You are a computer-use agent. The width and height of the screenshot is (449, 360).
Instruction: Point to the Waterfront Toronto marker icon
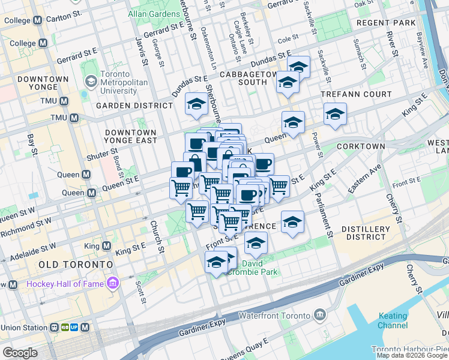point(320,315)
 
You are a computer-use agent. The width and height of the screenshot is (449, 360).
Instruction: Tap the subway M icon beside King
point(106,246)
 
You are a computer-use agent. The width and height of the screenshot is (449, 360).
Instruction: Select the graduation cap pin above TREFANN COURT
point(335,113)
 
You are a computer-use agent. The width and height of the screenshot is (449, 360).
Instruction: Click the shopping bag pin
point(194,162)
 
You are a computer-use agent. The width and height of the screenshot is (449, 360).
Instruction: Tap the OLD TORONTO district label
point(75,265)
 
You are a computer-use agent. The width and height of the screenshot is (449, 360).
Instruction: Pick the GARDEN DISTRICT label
point(134,106)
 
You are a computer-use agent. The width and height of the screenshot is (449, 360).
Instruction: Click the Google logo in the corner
point(20,353)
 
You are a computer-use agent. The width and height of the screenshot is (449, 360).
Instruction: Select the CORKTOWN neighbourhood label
point(361,146)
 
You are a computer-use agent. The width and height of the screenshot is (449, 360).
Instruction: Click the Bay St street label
point(32,144)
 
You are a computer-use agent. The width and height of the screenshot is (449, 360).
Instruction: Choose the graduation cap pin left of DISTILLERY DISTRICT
point(292,222)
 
